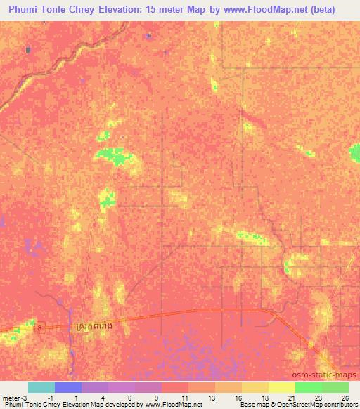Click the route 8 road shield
point(41,327)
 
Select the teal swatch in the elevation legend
point(41,387)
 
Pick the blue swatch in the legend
point(68,387)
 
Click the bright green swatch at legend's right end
point(335,387)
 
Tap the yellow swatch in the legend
point(282,387)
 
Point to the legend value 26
point(344,397)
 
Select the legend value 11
point(185,397)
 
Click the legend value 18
point(265,397)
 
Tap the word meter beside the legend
point(11,397)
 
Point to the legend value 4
point(104,397)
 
